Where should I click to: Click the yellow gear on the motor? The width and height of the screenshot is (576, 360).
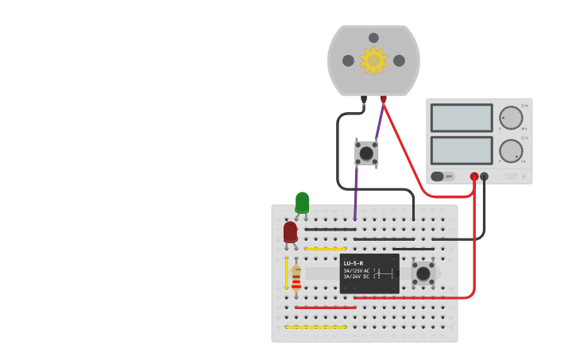(x=373, y=60)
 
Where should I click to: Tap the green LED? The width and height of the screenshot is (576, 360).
(x=302, y=202)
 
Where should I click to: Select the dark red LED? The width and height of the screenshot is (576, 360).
(x=290, y=231)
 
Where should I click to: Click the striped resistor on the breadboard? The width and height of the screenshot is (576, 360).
(x=296, y=277)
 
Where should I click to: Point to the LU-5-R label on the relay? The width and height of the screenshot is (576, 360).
(x=354, y=263)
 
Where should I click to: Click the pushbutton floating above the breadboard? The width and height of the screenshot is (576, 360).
(x=366, y=153)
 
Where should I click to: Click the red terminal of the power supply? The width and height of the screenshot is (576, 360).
(x=474, y=176)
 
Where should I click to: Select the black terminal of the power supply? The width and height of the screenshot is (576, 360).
(x=485, y=176)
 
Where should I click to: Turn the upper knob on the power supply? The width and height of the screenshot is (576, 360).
(x=511, y=118)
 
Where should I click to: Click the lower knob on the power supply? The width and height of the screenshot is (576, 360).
(x=511, y=151)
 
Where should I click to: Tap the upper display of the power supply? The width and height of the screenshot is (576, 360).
(x=462, y=118)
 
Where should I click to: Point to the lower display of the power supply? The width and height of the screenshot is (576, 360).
(x=462, y=150)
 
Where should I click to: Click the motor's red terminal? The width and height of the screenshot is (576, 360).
(x=383, y=99)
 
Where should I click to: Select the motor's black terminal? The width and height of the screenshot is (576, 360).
(x=364, y=99)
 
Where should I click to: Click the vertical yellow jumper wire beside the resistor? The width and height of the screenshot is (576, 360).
(x=286, y=273)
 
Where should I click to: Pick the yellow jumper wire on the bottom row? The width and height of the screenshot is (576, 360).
(x=315, y=327)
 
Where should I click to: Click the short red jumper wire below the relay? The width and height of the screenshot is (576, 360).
(x=325, y=308)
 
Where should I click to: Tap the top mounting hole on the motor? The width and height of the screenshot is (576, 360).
(x=373, y=37)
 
